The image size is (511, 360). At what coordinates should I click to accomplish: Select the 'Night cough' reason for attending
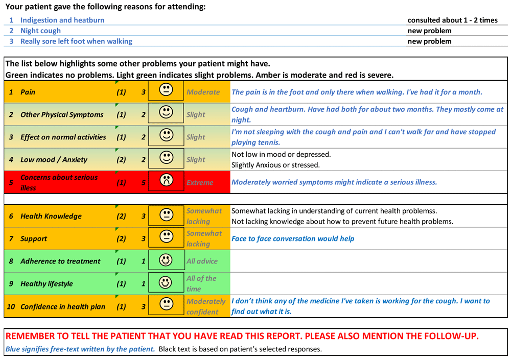pos(40,31)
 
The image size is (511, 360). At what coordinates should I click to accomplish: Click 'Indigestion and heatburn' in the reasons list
pos(62,20)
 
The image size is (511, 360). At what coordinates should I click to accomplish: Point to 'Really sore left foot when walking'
pos(76,41)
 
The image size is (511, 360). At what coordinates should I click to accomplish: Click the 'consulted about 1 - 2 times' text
pos(452,20)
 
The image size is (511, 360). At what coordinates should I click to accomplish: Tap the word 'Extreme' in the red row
pos(200,182)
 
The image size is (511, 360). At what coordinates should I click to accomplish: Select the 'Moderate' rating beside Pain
pos(203,92)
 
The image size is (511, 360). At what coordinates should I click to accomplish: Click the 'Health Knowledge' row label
pos(51,216)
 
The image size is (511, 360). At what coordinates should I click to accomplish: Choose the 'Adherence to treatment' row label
pos(60,261)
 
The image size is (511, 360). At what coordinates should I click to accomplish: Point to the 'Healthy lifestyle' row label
pos(47,283)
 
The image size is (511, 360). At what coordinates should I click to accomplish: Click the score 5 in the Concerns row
pos(144,182)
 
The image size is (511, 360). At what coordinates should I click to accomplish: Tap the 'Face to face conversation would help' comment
pos(293,238)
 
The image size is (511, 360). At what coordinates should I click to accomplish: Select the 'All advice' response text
pos(202,261)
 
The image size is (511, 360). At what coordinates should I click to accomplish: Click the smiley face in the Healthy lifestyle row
pos(166,282)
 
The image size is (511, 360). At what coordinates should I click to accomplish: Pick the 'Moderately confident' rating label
pos(206,306)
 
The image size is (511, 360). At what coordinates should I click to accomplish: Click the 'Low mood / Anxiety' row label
pos(54,160)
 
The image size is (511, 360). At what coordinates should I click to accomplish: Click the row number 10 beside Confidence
pos(11,306)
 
